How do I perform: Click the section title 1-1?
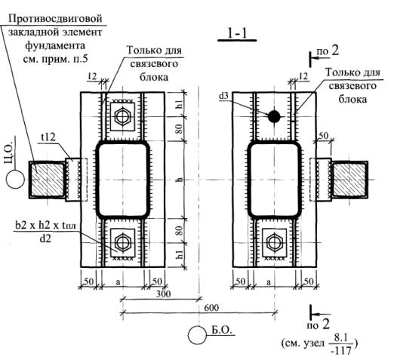(237, 33)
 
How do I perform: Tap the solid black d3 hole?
(274, 116)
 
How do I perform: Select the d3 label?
(223, 96)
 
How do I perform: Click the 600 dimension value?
(211, 307)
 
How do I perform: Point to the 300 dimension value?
(163, 294)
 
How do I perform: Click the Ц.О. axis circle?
(15, 179)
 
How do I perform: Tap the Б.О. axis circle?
(197, 335)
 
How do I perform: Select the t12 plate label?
(48, 137)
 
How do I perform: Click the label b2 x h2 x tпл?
(45, 226)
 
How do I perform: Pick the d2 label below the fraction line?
(45, 238)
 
